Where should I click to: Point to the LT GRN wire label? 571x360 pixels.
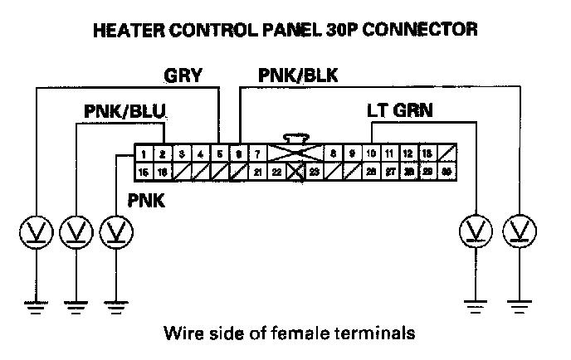point(400,110)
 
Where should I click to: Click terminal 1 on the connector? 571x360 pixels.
point(144,154)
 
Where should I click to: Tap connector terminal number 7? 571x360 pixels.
point(258,154)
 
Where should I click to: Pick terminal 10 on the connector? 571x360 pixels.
point(371,154)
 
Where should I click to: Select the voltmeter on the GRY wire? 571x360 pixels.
point(35,230)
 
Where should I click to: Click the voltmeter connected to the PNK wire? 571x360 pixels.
point(116,230)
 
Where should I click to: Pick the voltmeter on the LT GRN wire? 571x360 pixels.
point(476,230)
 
